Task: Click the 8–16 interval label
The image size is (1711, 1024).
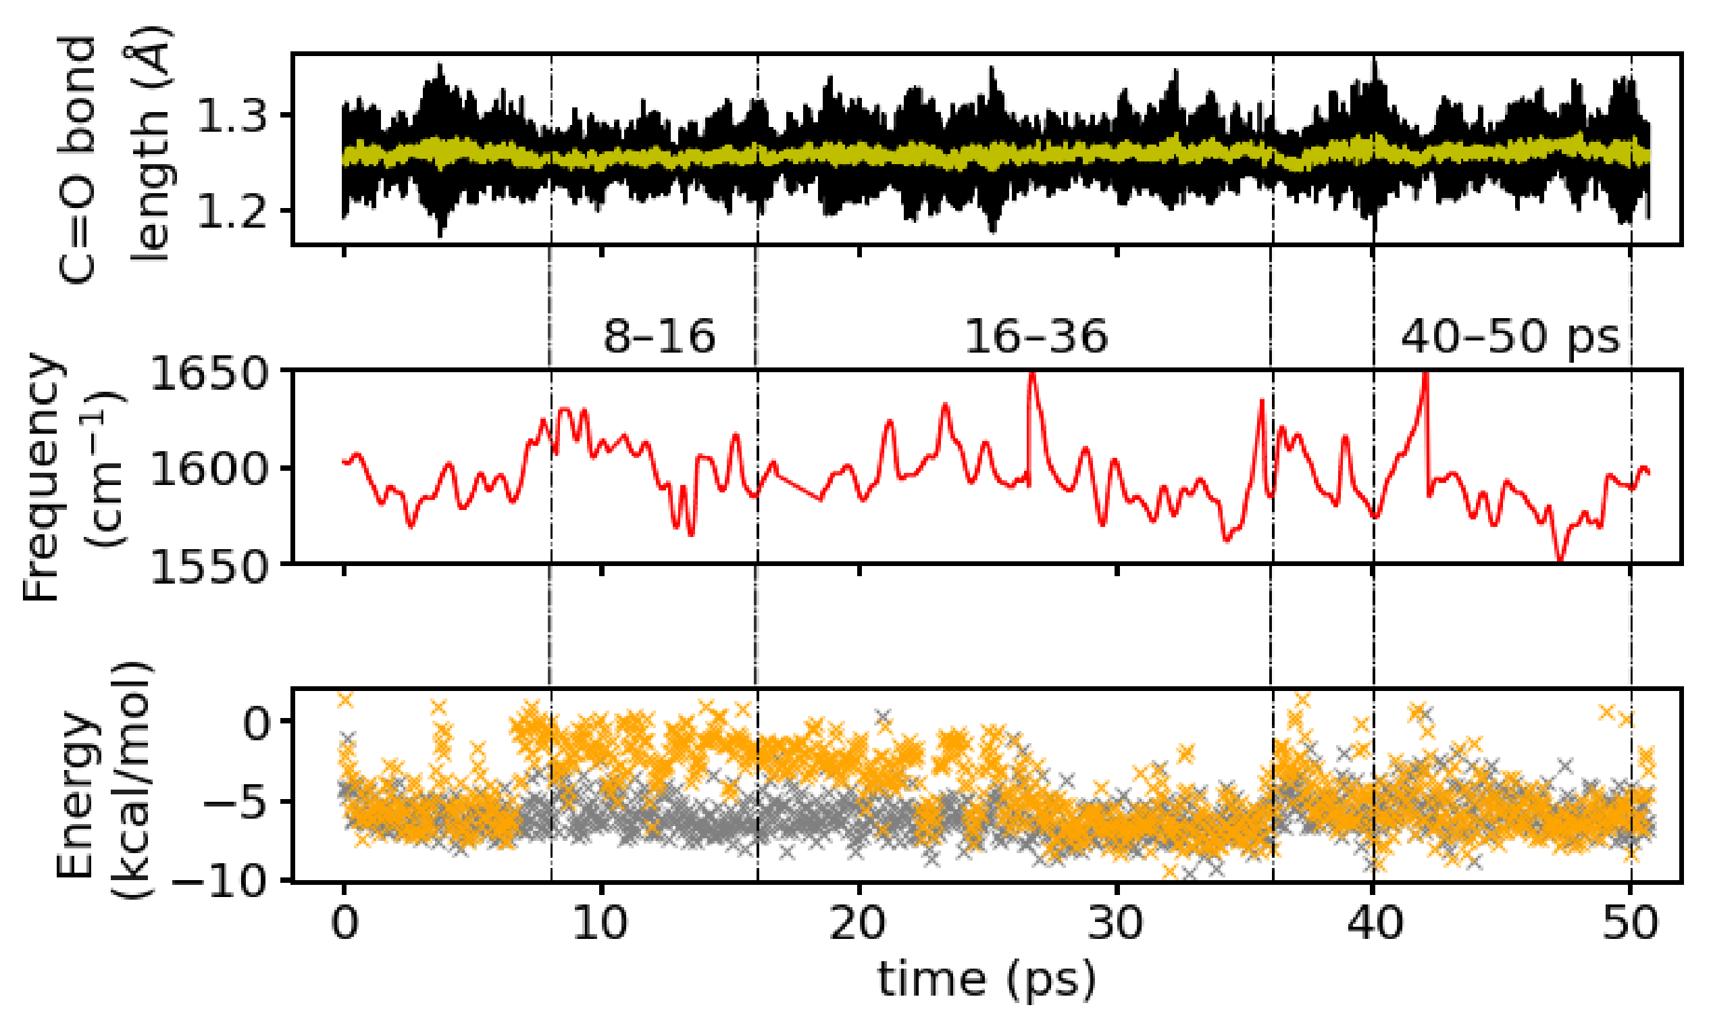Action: pyautogui.click(x=659, y=338)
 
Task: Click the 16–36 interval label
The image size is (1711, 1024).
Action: pyautogui.click(x=1035, y=338)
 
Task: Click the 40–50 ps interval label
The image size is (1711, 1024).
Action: pyautogui.click(x=1510, y=338)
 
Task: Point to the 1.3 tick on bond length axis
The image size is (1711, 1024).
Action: pyautogui.click(x=232, y=116)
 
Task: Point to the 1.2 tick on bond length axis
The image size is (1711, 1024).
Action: pyautogui.click(x=232, y=211)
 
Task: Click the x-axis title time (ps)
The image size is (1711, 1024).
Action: pyautogui.click(x=987, y=980)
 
